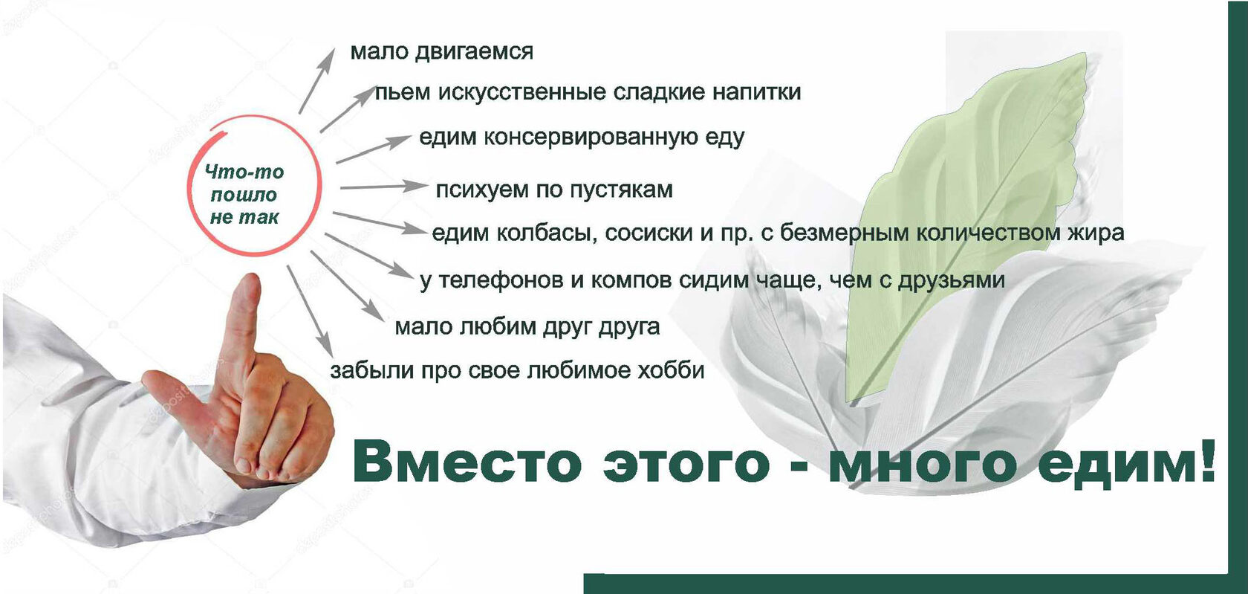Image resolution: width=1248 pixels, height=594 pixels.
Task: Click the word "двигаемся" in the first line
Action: (x=474, y=52)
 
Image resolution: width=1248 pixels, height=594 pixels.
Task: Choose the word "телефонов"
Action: (x=501, y=280)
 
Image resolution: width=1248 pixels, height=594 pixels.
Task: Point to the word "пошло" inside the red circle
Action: (x=244, y=196)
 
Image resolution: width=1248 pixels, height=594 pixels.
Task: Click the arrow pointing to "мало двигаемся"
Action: (x=317, y=81)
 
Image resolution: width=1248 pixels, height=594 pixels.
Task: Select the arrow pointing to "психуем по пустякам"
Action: (x=383, y=187)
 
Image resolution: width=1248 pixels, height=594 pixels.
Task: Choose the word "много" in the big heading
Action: (x=921, y=463)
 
